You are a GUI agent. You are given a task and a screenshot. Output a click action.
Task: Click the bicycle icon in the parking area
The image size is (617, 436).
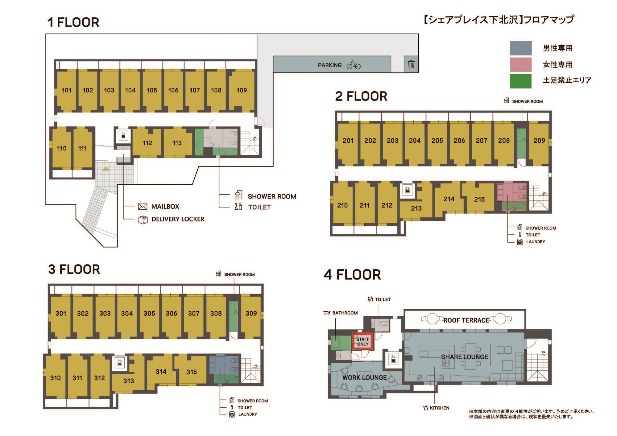pyautogui.click(x=354, y=65)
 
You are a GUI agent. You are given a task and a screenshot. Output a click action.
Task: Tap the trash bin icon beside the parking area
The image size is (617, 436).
pyautogui.click(x=411, y=64)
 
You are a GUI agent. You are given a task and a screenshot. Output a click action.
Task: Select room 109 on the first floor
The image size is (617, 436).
pyautogui.click(x=242, y=90)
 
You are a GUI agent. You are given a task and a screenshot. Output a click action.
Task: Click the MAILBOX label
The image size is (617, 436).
pyautogui.click(x=165, y=207)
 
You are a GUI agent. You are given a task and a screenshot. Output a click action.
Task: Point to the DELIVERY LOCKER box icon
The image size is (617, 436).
pyautogui.click(x=143, y=220)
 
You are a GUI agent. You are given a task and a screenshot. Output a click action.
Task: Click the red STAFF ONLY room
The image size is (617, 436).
pyautogui.click(x=363, y=341)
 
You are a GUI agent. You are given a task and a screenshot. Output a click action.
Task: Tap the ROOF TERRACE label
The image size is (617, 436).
pyautogui.click(x=466, y=320)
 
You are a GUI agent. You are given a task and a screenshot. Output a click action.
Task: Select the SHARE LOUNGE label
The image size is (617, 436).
pyautogui.click(x=465, y=357)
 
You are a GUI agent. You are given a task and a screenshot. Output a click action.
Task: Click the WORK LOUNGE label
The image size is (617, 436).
pyautogui.click(x=364, y=377)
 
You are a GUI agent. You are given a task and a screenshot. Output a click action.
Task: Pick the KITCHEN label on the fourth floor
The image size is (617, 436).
pyautogui.click(x=440, y=408)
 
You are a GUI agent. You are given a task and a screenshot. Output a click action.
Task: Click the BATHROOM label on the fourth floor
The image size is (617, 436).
pyautogui.click(x=345, y=313)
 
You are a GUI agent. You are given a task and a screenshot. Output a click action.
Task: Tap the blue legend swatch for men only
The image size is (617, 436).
pyautogui.click(x=521, y=48)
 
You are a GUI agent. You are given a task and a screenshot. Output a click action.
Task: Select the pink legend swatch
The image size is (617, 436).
pyautogui.click(x=521, y=64)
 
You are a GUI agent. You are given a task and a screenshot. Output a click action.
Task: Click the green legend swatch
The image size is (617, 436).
pyautogui.click(x=521, y=81)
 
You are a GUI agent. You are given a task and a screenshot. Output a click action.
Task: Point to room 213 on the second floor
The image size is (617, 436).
pyautogui.click(x=416, y=208)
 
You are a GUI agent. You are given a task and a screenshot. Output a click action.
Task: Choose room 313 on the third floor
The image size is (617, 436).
pyautogui.click(x=129, y=381)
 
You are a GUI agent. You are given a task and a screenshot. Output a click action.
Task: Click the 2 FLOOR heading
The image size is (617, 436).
pyautogui.click(x=361, y=96)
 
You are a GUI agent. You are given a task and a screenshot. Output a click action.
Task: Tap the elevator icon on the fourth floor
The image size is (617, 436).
pyautogui.click(x=393, y=359)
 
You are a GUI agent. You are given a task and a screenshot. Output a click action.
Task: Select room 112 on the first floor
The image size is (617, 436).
pyautogui.click(x=147, y=143)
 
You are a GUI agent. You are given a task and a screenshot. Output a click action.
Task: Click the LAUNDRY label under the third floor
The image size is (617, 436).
pyautogui.click(x=247, y=414)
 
